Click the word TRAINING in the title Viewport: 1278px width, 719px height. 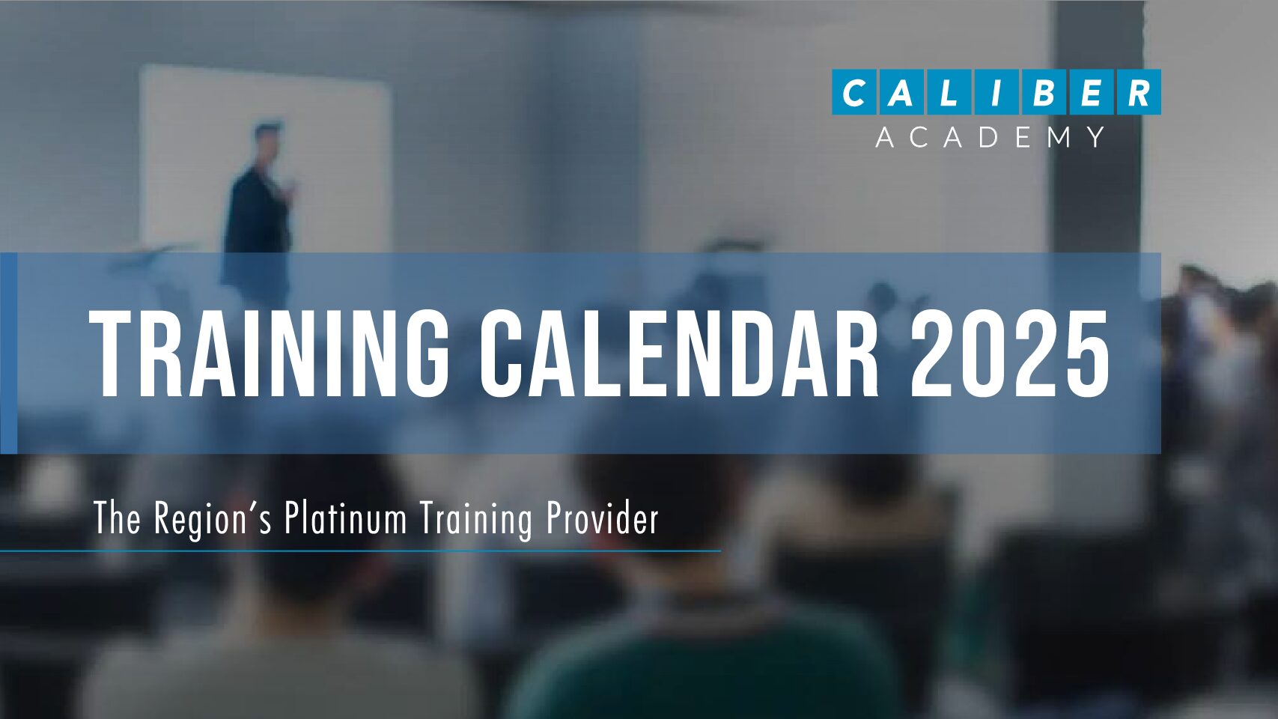point(269,354)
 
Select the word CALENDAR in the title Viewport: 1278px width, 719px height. point(678,354)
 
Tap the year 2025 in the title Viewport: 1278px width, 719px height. point(1010,354)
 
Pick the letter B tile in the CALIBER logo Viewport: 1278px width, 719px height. point(1044,92)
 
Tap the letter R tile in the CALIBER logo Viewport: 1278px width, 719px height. point(1138,92)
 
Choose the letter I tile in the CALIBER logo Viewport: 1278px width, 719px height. point(996,92)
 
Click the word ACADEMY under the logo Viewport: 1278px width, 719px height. point(991,137)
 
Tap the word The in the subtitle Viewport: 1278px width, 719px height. point(117,518)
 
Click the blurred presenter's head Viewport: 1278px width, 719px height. point(268,140)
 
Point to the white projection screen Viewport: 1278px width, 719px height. point(265,160)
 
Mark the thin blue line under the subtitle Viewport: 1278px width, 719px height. point(360,551)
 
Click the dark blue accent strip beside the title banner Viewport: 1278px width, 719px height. point(8,354)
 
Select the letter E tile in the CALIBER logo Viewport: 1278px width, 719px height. point(1091,92)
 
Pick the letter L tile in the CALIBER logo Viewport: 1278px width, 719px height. point(949,92)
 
